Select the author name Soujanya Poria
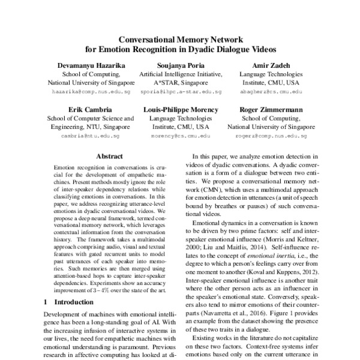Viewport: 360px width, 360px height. click(x=180, y=65)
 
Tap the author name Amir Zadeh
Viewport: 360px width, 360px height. click(x=269, y=65)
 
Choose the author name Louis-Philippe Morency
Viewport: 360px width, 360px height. click(x=181, y=110)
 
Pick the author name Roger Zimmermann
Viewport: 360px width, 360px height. click(x=269, y=110)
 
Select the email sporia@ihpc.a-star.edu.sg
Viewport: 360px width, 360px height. click(x=180, y=93)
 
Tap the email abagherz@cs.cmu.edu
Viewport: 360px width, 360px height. click(x=269, y=93)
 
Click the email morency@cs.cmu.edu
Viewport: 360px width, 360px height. click(x=181, y=137)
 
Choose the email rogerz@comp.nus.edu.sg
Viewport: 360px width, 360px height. click(x=269, y=137)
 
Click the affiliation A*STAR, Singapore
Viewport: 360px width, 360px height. click(x=180, y=83)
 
